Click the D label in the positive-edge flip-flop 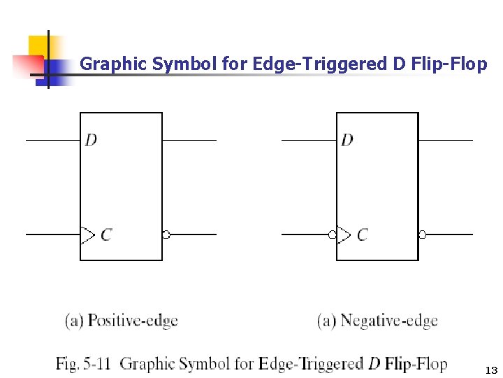coord(92,140)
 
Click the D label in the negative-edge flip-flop coord(347,140)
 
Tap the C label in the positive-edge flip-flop coord(105,234)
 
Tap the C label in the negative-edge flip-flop coord(362,234)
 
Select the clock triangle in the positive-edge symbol coord(87,234)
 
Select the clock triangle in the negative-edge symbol coord(343,234)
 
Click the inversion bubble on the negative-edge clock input coord(333,234)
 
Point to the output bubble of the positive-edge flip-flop coord(166,234)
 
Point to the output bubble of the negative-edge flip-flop coord(422,234)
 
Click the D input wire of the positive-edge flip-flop coord(53,140)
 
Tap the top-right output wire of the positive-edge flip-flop coord(189,140)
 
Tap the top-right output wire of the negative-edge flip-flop coord(446,140)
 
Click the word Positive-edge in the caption coord(133,321)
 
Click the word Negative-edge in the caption coord(388,321)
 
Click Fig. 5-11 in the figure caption coord(83,364)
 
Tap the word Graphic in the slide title coord(113,64)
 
